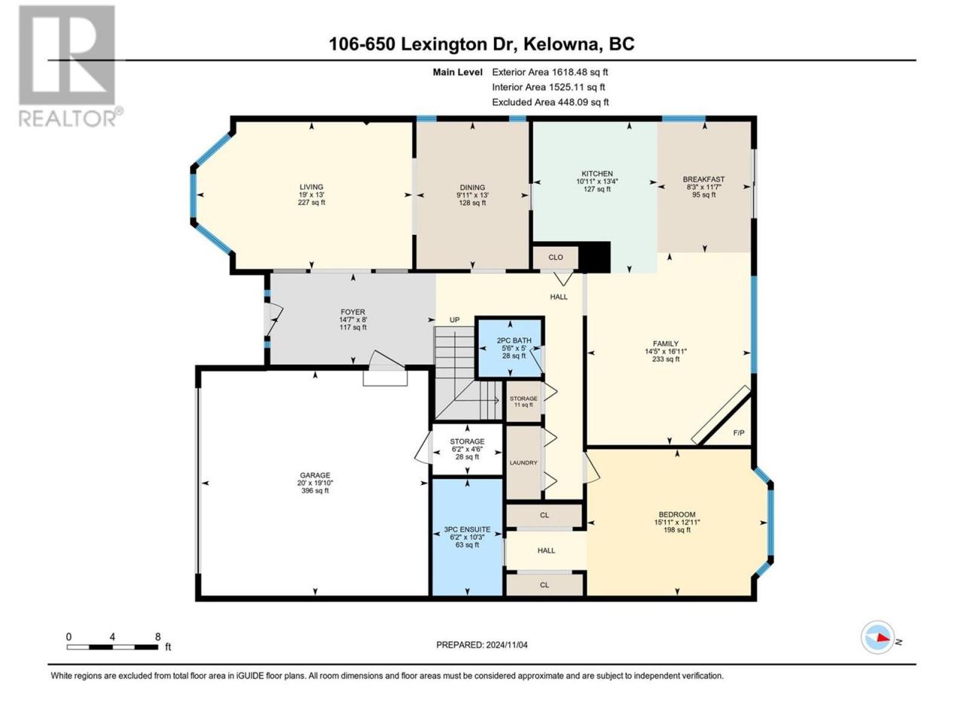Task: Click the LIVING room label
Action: tap(311, 187)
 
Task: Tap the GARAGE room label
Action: tap(315, 475)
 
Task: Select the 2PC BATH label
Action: tap(514, 340)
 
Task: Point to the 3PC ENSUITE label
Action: tap(467, 529)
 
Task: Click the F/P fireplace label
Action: tap(739, 433)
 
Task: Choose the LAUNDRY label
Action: tap(523, 462)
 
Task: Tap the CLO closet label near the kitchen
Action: tap(556, 258)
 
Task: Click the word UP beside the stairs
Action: tap(455, 320)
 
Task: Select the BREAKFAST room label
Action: tap(703, 179)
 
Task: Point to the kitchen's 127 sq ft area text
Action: tap(597, 189)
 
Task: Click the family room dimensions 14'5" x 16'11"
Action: tap(665, 351)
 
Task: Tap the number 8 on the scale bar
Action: tap(157, 636)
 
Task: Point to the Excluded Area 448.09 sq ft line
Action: tap(551, 102)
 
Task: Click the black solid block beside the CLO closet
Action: tap(595, 257)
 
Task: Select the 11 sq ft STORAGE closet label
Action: tap(523, 401)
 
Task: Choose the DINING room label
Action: tap(472, 187)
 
